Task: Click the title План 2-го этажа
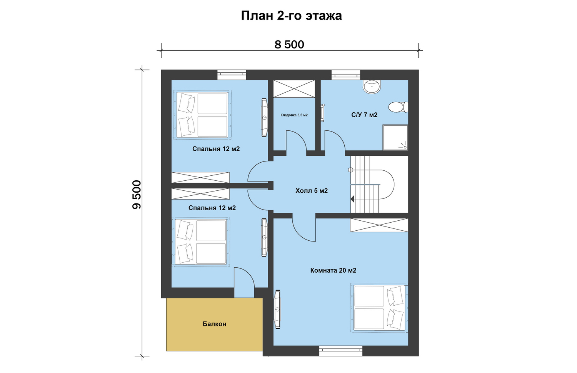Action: (291, 16)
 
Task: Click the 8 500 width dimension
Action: (289, 45)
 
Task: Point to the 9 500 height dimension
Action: (137, 195)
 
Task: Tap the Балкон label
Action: (214, 324)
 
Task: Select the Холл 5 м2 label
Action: (312, 191)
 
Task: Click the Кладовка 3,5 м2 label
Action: (294, 115)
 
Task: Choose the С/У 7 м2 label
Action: (364, 115)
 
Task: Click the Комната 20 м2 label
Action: (333, 270)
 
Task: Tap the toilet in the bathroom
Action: (398, 107)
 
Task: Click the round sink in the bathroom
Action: (372, 86)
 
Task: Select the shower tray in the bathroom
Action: (395, 137)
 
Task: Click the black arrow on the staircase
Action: (353, 199)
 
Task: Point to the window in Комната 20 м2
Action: (341, 351)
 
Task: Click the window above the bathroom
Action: (346, 75)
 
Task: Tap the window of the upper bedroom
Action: (232, 75)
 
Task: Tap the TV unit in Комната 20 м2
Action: (277, 309)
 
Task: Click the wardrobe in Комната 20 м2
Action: (379, 225)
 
